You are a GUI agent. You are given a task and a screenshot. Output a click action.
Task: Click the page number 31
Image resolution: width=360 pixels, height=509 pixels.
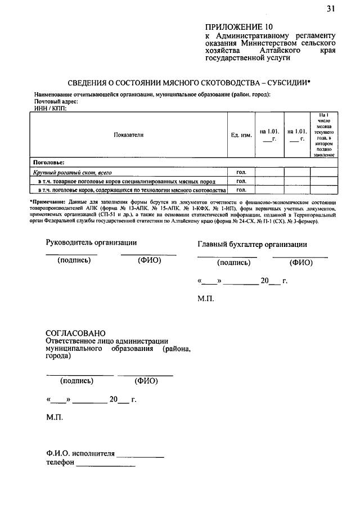tap(330, 8)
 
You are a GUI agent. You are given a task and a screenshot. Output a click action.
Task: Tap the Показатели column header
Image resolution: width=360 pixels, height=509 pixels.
tap(129, 135)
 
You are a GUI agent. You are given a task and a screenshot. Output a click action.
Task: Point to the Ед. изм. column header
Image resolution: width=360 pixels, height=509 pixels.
tap(241, 135)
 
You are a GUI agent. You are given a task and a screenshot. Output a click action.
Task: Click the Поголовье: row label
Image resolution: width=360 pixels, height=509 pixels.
tap(48, 163)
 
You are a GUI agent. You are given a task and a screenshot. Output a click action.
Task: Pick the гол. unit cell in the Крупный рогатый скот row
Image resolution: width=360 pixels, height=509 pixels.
tap(241, 173)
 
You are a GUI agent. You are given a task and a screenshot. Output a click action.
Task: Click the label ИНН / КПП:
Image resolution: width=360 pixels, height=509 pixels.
tap(50, 108)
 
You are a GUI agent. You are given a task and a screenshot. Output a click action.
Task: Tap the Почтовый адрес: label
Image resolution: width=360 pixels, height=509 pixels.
tap(56, 101)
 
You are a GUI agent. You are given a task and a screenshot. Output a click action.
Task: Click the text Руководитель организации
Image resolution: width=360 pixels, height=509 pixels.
tap(91, 242)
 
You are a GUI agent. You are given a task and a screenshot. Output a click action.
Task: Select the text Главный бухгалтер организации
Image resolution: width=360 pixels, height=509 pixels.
tap(252, 244)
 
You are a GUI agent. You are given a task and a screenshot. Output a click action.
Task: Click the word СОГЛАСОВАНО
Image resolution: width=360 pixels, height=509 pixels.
tap(75, 333)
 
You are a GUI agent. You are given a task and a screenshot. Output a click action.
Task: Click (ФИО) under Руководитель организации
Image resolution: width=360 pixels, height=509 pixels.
tap(149, 260)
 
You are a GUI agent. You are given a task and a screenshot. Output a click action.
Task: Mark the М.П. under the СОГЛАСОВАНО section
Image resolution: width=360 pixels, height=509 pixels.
tap(55, 418)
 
